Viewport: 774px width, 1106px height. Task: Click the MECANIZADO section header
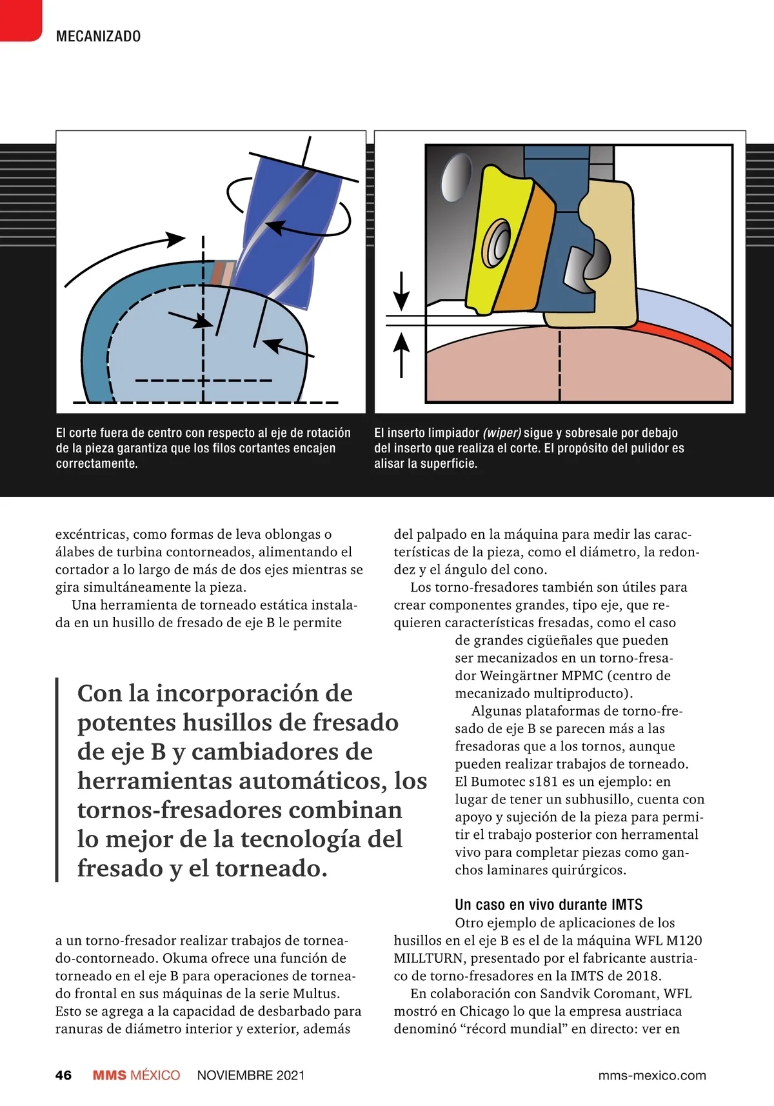[x=98, y=36]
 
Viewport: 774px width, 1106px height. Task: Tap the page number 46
[x=63, y=1075]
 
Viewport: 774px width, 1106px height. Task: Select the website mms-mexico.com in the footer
[x=652, y=1075]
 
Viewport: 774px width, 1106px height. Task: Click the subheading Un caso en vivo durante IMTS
[x=548, y=904]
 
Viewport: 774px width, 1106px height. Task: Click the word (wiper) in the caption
[x=502, y=432]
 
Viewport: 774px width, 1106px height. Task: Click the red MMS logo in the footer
[x=109, y=1075]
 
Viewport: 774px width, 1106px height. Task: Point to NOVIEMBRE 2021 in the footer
[x=250, y=1075]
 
